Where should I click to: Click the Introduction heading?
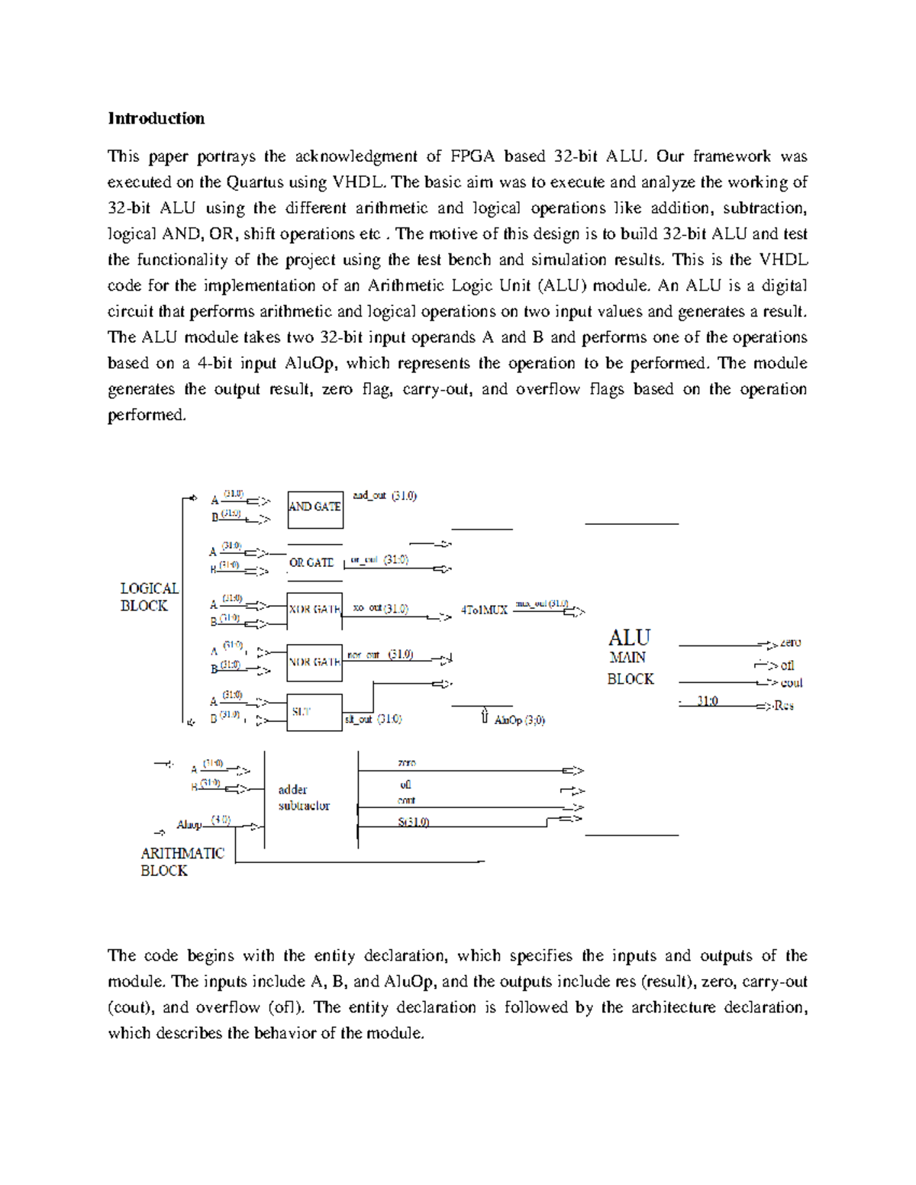(156, 118)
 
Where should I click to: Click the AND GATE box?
(314, 509)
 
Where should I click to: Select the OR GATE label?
(311, 562)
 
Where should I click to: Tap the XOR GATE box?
(314, 610)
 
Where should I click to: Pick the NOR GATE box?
(314, 662)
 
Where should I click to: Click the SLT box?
(314, 712)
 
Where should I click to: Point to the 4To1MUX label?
(484, 610)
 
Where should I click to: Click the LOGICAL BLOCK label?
(149, 597)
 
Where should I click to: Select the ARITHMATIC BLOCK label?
(182, 861)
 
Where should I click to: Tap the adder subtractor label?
(303, 797)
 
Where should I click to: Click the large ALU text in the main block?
(629, 637)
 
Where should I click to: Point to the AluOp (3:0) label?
(519, 720)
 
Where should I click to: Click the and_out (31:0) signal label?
(384, 496)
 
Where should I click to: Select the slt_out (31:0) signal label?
(373, 719)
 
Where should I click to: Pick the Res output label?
(783, 706)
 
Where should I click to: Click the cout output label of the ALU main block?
(791, 683)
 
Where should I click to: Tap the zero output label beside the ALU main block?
(790, 643)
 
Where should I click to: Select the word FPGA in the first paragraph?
(473, 156)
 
